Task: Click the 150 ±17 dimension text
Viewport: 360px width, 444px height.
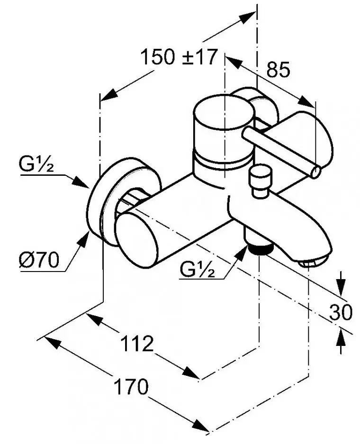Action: [179, 57]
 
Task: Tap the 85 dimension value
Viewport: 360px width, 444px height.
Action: [278, 69]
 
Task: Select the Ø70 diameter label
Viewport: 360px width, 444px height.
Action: [39, 260]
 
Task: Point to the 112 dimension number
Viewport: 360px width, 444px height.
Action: [137, 344]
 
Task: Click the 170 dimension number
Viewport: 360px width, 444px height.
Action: [131, 387]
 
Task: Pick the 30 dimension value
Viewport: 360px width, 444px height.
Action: [341, 312]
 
